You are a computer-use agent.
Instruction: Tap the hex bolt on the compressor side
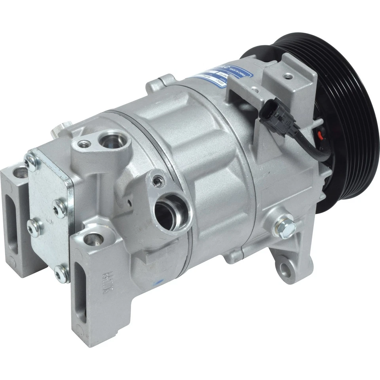tap(285, 226)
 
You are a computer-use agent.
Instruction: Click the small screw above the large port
tap(158, 181)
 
